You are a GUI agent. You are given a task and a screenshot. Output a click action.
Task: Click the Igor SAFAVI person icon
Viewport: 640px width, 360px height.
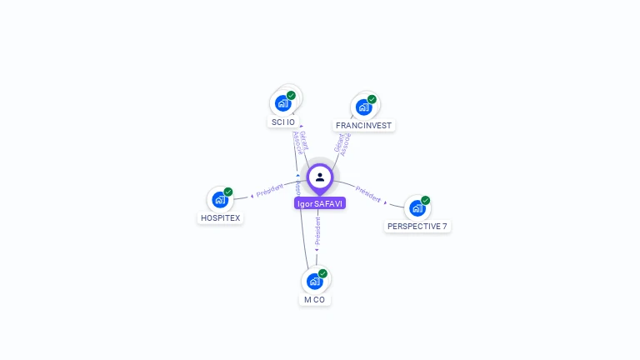[320, 177]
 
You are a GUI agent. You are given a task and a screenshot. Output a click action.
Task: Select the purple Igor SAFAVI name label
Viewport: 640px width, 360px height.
[320, 203]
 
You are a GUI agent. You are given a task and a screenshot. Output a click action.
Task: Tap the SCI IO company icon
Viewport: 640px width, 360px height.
[282, 103]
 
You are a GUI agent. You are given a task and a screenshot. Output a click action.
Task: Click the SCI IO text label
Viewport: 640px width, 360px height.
[283, 122]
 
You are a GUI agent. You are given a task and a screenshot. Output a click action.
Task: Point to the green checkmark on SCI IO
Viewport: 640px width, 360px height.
[291, 95]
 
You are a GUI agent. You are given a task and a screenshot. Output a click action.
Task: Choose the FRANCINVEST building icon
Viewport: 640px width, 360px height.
[363, 107]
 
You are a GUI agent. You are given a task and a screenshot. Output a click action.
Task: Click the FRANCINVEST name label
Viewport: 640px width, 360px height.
[363, 126]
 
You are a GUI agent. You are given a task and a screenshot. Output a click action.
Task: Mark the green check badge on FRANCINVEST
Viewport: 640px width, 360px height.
[372, 99]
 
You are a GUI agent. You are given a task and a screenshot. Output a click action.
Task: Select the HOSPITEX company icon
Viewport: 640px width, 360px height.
[219, 199]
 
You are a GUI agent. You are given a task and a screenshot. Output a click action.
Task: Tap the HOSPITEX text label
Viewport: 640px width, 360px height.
[221, 218]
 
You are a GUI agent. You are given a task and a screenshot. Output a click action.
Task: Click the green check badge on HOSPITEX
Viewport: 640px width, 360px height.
[228, 192]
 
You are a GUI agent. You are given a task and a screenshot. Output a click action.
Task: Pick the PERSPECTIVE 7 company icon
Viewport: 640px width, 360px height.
[417, 207]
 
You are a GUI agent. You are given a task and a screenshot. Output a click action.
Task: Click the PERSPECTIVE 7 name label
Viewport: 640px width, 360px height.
[417, 226]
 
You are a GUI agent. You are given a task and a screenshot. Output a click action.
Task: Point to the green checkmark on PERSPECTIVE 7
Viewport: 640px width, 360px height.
[425, 200]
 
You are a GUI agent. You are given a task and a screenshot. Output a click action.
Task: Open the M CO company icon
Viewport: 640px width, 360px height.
[314, 281]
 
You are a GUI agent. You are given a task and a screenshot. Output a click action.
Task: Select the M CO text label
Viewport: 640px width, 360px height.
[314, 299]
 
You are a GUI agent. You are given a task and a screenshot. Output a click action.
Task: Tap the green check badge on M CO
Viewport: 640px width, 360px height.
[322, 273]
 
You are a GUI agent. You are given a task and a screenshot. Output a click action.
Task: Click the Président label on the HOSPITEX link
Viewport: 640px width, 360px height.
[270, 191]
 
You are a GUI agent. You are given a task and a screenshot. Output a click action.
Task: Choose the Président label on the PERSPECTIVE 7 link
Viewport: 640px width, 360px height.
[368, 194]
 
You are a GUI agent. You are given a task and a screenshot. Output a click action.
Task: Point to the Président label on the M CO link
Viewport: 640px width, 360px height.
[317, 231]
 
